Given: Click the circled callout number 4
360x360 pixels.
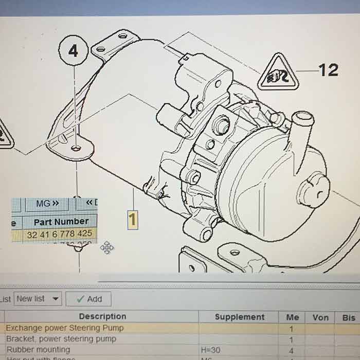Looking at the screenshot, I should click(x=74, y=51).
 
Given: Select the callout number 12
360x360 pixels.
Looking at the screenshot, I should click(x=328, y=70).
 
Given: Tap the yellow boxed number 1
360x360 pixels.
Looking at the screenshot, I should click(x=133, y=220).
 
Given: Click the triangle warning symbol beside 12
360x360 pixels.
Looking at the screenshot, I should click(x=279, y=73).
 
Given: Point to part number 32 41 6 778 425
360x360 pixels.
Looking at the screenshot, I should click(x=60, y=233).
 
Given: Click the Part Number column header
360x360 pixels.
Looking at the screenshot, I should click(x=61, y=222).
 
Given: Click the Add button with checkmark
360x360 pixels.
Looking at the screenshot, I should click(x=88, y=299).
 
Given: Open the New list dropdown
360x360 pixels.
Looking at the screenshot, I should click(x=38, y=299).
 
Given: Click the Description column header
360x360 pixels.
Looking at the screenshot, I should click(x=102, y=317).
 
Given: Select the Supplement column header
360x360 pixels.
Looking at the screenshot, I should click(x=239, y=317).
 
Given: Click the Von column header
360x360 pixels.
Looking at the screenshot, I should click(x=320, y=317).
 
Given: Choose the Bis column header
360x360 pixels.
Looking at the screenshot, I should click(x=348, y=317).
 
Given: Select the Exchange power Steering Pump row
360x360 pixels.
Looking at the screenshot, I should click(x=65, y=328).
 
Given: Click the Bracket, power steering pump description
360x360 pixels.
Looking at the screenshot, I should click(x=61, y=339).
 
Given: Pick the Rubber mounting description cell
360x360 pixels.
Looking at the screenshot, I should click(x=38, y=350).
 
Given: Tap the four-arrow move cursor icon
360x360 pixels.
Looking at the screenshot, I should click(x=107, y=248).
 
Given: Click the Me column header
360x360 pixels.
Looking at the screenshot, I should click(x=292, y=317).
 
